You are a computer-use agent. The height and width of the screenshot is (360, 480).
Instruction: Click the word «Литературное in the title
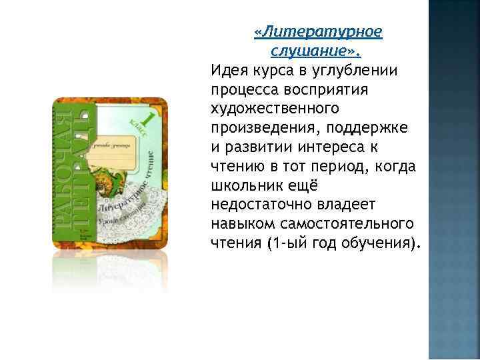[319, 32]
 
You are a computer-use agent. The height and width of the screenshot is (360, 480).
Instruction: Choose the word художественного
[275, 107]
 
